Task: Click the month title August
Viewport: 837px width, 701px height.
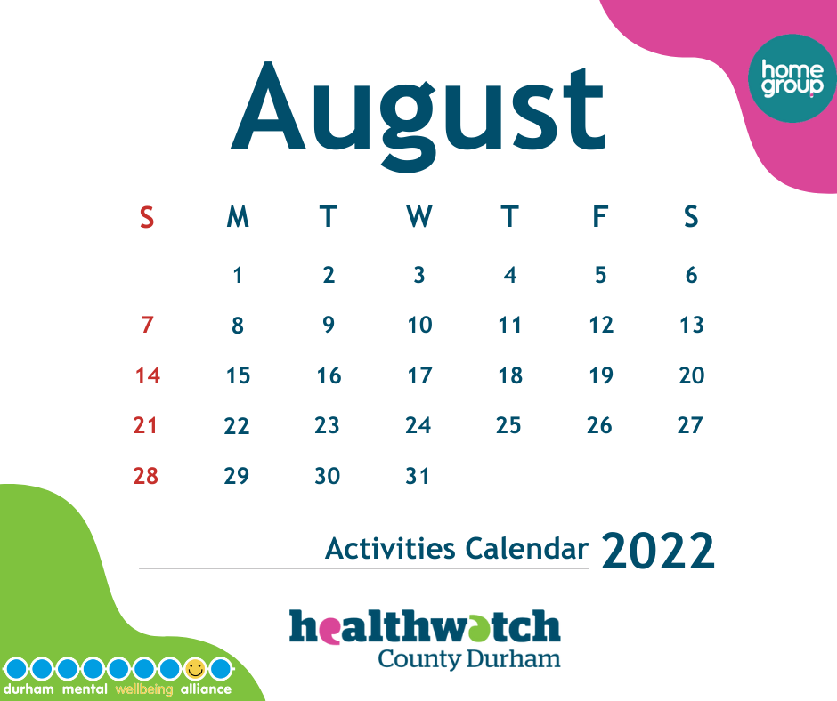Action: click(x=418, y=115)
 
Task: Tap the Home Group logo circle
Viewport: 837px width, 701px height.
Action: click(x=792, y=78)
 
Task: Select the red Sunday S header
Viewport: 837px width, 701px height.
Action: click(x=147, y=217)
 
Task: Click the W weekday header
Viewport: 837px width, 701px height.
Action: click(x=419, y=216)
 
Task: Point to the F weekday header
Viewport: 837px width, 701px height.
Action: click(x=600, y=216)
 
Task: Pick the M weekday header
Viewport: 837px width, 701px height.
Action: click(x=238, y=216)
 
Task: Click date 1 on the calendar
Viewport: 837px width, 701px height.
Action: click(x=238, y=275)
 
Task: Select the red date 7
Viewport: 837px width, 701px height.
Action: click(x=147, y=325)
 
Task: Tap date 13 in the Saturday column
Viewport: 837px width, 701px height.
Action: click(x=692, y=325)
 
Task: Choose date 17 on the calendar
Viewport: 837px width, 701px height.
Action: click(x=419, y=375)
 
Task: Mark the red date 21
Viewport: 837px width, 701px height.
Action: click(x=145, y=426)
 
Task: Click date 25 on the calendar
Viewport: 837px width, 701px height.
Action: click(x=508, y=426)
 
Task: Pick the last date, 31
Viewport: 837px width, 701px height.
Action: click(x=418, y=476)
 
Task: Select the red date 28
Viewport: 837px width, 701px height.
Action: click(x=146, y=476)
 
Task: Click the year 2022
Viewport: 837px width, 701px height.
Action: click(x=658, y=551)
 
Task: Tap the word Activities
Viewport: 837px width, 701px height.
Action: click(x=390, y=548)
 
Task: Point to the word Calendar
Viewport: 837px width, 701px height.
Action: click(x=527, y=548)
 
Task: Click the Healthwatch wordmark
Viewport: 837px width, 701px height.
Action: click(x=425, y=627)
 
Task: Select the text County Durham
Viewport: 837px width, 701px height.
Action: click(x=469, y=659)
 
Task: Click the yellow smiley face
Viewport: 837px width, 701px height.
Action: click(x=195, y=668)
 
